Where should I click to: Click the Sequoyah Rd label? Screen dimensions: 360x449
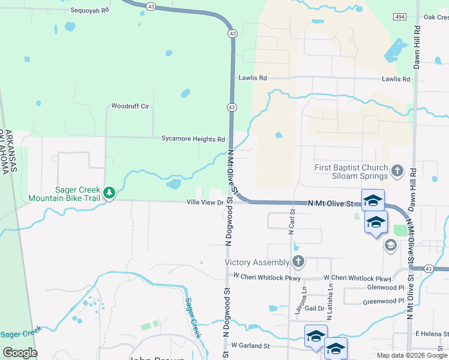point(91,10)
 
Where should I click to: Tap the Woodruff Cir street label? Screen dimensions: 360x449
point(130,106)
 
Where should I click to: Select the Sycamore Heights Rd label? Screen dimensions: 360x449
point(193,139)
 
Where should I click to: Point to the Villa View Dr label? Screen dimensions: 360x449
point(204,203)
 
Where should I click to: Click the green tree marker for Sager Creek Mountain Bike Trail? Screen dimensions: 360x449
point(109,193)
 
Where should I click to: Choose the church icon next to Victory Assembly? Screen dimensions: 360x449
point(298,262)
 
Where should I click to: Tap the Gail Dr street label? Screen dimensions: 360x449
point(315,308)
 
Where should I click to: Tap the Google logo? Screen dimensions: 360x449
point(20,353)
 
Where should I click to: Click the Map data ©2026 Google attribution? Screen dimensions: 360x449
point(412,355)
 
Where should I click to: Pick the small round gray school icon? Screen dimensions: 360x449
point(390,245)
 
